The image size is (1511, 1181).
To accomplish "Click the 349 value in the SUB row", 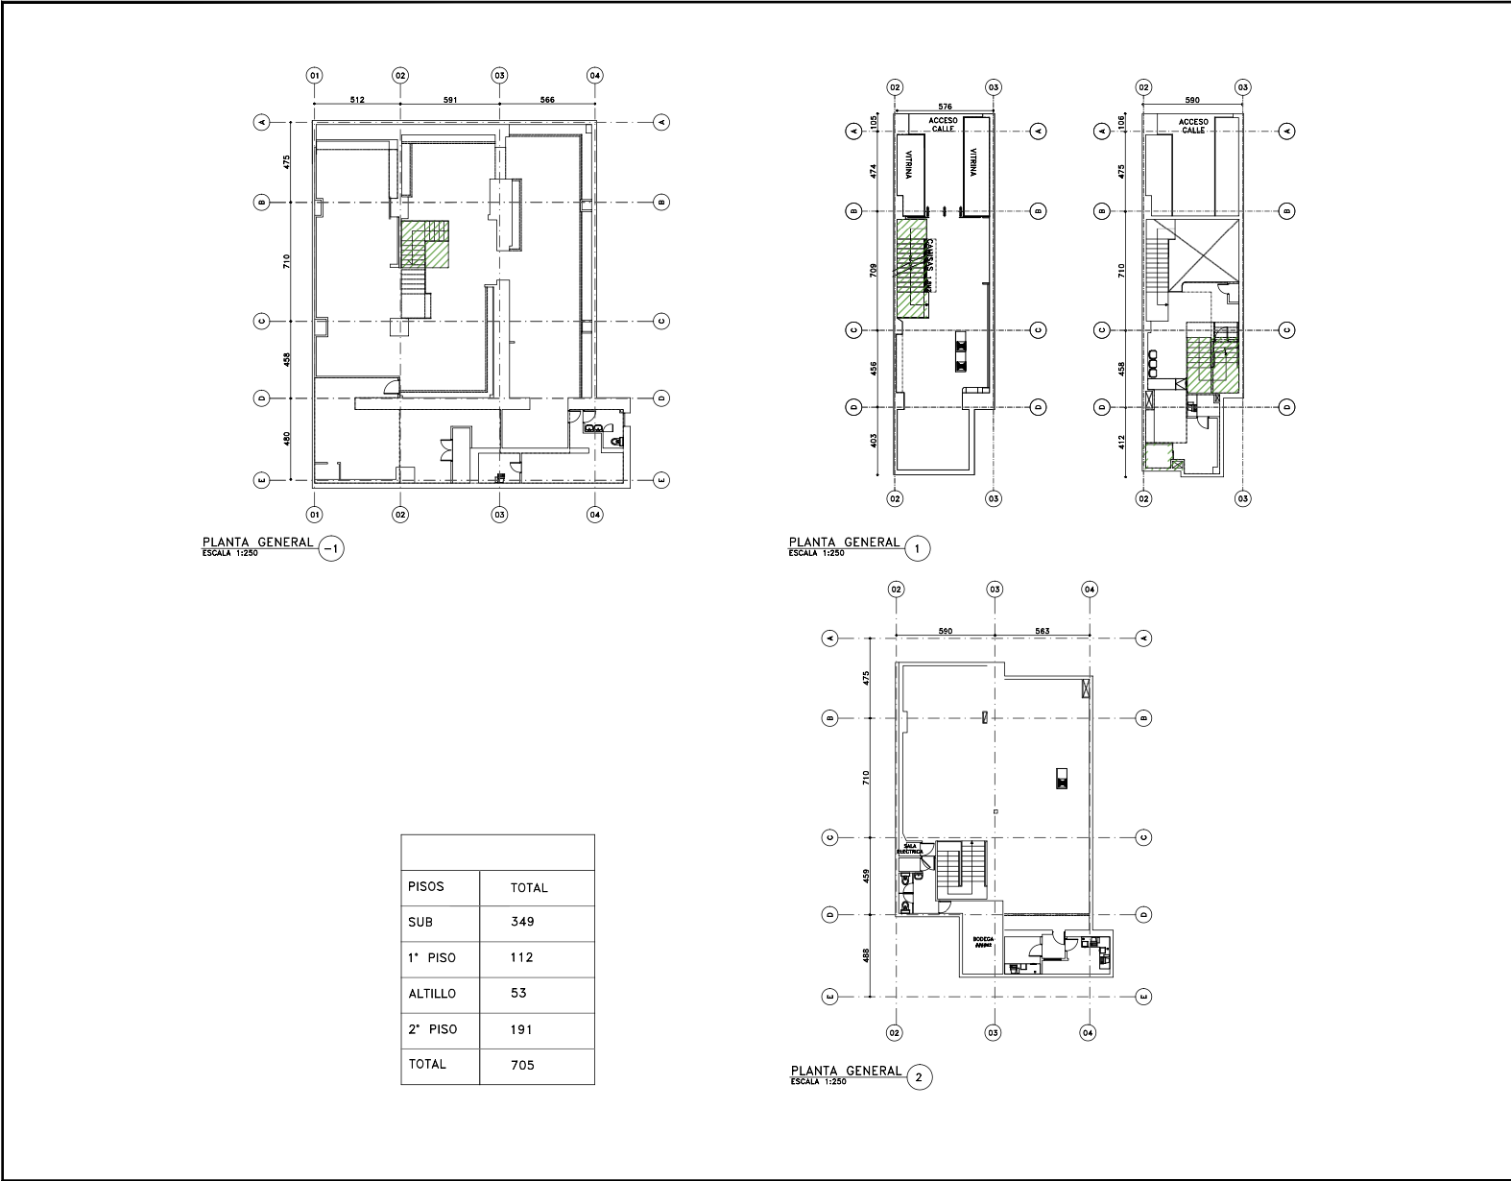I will coord(522,922).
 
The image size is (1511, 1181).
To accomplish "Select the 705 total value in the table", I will coord(522,1065).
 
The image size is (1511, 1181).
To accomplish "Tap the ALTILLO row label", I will coord(431,994).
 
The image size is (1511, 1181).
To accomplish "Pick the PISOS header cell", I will coord(426,886).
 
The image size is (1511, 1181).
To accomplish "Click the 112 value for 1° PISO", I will coord(522,957).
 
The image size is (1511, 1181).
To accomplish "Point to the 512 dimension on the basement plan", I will coord(357,99).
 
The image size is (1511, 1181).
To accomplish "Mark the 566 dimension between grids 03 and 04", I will coord(546,99).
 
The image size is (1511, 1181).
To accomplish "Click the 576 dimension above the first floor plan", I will coord(944,107).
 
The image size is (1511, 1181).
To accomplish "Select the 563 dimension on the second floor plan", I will coord(1042,631).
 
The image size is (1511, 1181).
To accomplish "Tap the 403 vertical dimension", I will coord(873,441).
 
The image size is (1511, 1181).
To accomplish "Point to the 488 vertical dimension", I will coord(867,955).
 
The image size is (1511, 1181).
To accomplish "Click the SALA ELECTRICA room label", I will coord(909,849).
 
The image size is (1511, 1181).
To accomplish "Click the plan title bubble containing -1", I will coord(330,549).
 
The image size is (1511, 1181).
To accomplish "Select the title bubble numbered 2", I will coord(919,1077).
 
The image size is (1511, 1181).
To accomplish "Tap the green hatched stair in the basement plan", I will coord(425,244).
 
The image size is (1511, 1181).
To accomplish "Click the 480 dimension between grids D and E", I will coord(287,439).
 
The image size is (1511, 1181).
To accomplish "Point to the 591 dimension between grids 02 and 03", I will coord(449,99).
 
